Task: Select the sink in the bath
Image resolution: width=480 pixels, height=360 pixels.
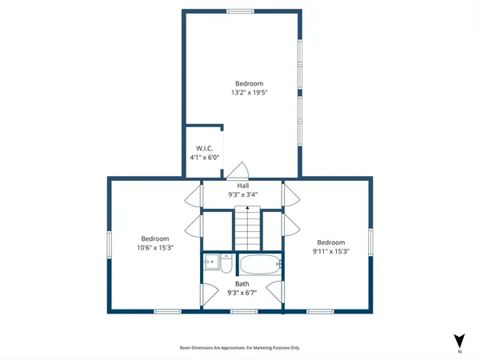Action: coord(210,262)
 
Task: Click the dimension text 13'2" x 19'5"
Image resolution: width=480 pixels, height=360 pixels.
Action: coord(248,93)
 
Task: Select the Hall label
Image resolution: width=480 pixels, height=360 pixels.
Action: coord(243,185)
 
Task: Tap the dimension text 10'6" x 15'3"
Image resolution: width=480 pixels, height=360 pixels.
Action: coord(155,248)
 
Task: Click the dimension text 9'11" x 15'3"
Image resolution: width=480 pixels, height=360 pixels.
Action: coord(330,252)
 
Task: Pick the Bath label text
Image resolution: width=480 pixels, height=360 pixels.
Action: coord(242,284)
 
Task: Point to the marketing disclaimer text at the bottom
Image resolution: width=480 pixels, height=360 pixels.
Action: coord(239,348)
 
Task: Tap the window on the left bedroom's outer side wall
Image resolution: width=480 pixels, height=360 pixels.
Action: coord(110,242)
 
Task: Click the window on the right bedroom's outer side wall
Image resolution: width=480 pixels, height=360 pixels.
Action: coord(371,242)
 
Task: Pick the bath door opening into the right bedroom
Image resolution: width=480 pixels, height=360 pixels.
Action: coord(278,293)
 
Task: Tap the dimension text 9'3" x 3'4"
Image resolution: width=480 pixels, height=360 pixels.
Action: coord(243,194)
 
